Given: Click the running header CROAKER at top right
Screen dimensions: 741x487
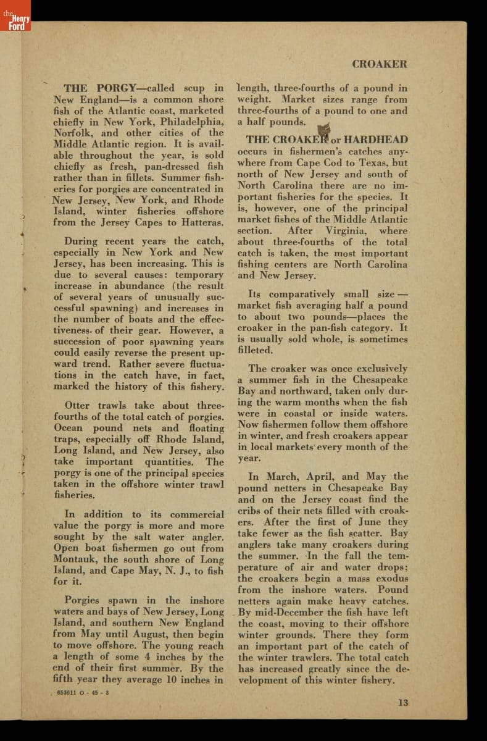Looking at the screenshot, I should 379,64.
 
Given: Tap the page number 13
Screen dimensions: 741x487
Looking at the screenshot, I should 402,702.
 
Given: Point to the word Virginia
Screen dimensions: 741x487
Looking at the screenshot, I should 346,231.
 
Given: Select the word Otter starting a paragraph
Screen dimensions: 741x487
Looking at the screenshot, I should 78,406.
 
